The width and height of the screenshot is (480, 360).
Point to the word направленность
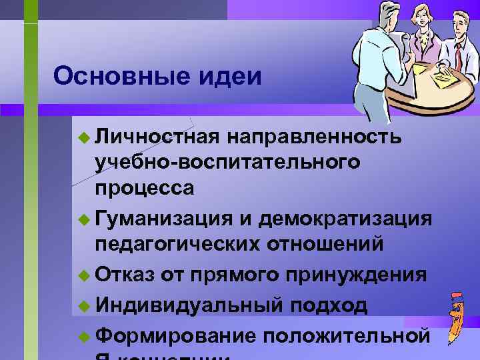314,136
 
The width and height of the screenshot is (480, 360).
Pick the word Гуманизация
163,218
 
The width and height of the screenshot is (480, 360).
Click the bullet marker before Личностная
83,137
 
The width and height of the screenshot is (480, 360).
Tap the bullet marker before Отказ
83,275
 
